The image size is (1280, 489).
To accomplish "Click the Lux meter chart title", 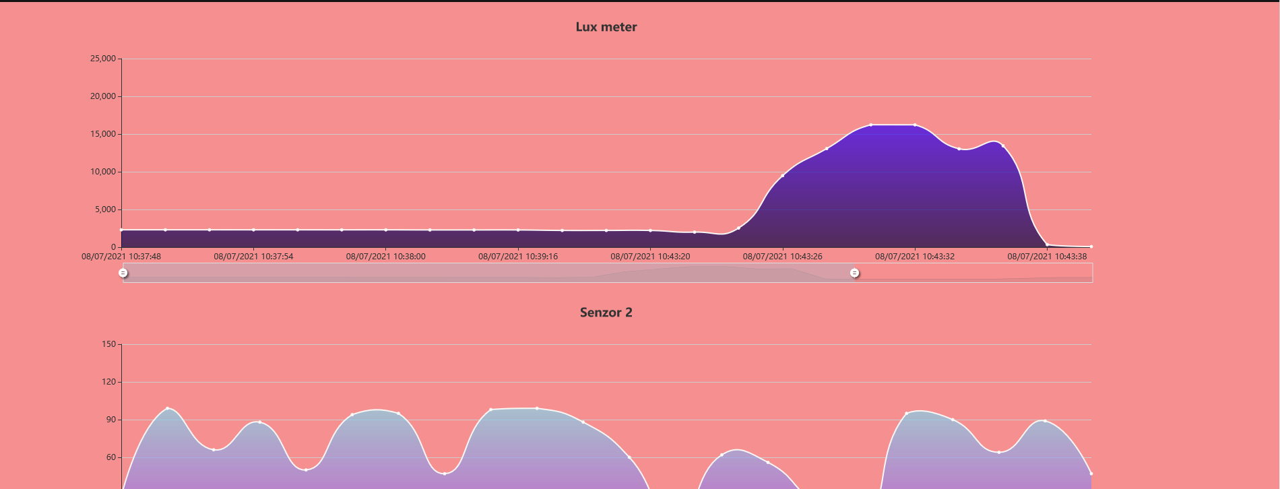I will click(x=606, y=27).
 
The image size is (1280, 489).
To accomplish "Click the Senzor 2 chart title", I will click(x=606, y=313).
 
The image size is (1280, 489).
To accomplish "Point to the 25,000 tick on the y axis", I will click(x=103, y=59).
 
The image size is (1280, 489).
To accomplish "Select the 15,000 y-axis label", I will click(x=103, y=134).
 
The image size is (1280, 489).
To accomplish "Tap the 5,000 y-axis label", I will click(x=105, y=209).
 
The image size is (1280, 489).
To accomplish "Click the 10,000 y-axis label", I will click(x=103, y=172).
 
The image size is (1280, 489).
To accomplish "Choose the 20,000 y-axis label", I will click(x=103, y=96).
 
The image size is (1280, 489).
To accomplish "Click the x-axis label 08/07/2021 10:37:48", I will click(x=121, y=257).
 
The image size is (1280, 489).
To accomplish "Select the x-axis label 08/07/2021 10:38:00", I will click(x=385, y=257).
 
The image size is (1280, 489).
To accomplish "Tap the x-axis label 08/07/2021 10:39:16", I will click(x=518, y=257).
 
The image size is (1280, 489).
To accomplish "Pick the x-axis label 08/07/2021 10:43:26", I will click(x=782, y=257).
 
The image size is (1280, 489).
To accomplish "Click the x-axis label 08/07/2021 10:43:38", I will click(x=1047, y=257).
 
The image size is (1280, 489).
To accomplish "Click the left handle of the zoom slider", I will click(x=123, y=273).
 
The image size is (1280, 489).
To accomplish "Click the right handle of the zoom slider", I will click(x=854, y=273).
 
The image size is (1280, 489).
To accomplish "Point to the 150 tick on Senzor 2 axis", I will click(x=108, y=344).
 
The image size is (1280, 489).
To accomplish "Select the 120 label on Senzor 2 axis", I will click(x=108, y=382).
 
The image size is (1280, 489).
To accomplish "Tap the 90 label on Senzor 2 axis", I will click(x=110, y=420).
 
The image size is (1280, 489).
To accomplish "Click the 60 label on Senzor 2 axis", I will click(x=110, y=457).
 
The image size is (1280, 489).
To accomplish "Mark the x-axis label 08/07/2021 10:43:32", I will click(x=915, y=257).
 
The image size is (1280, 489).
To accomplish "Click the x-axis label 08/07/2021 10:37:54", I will click(x=253, y=257).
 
